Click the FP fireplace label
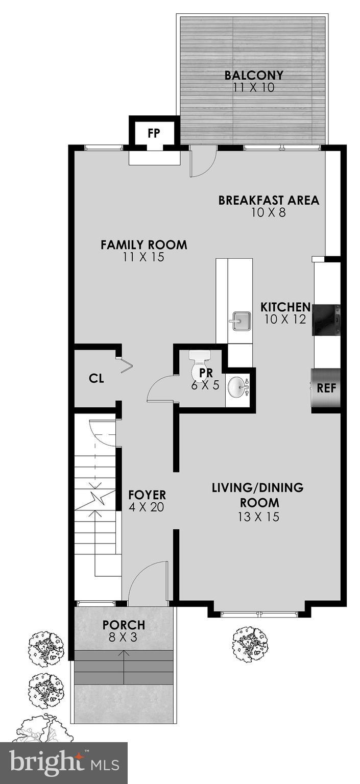tap(154, 133)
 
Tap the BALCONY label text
tap(254, 76)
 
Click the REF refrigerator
tap(326, 387)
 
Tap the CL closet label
tap(96, 379)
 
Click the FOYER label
tap(147, 495)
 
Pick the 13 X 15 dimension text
tap(258, 517)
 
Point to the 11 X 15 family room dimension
tap(143, 257)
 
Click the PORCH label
tap(124, 625)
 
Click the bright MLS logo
tap(63, 763)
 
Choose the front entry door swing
tap(148, 582)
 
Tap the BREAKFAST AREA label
tap(269, 200)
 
